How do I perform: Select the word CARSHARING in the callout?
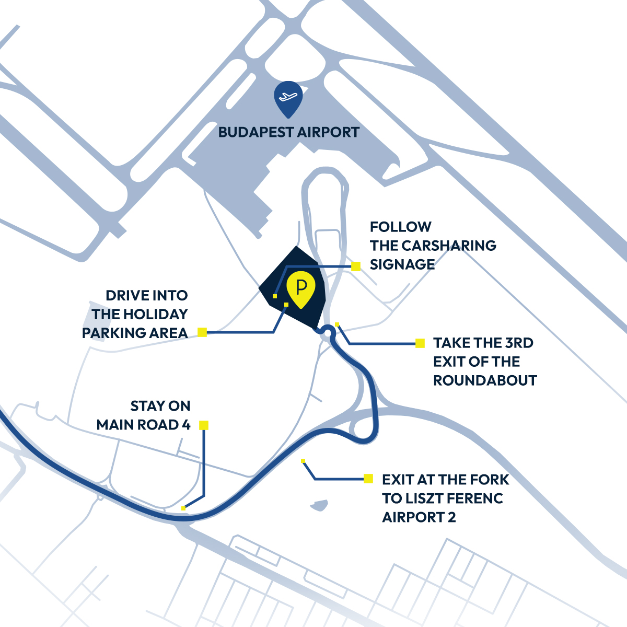coord(449,246)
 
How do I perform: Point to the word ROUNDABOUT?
coord(485,380)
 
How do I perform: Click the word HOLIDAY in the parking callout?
coord(156,315)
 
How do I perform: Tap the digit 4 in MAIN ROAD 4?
coord(186,425)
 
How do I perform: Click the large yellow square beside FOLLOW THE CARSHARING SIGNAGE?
coord(356,266)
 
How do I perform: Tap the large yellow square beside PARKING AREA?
coord(202,332)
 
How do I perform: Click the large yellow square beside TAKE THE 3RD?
coord(420,343)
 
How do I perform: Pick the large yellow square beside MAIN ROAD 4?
coord(204,425)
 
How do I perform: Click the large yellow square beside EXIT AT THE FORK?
coord(368,479)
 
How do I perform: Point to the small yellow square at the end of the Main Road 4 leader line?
coord(183,508)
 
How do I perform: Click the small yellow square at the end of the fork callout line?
coord(303,461)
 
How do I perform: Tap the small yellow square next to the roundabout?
coord(337,324)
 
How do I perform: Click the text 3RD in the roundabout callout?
coord(519,343)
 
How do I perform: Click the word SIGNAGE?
coord(402,264)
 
